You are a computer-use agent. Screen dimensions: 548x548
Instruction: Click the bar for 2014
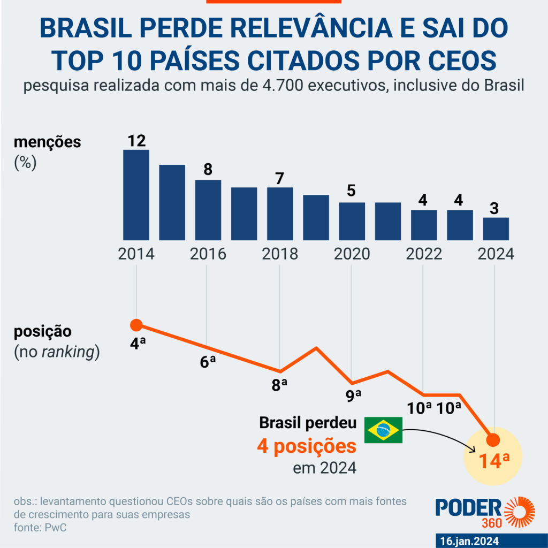pyautogui.click(x=136, y=195)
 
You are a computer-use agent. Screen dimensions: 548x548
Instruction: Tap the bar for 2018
pyautogui.click(x=280, y=214)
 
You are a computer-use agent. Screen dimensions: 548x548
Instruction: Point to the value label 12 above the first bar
pyautogui.click(x=136, y=141)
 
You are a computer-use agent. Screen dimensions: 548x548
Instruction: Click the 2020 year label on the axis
pyautogui.click(x=352, y=254)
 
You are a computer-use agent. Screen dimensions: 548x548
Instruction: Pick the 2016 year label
pyautogui.click(x=208, y=254)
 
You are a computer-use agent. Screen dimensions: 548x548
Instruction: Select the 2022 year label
pyautogui.click(x=424, y=254)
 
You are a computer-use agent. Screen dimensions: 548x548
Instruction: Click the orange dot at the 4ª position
pyautogui.click(x=136, y=325)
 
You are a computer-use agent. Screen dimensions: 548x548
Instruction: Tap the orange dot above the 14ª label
pyautogui.click(x=493, y=440)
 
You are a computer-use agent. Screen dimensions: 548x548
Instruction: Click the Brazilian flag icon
pyautogui.click(x=383, y=430)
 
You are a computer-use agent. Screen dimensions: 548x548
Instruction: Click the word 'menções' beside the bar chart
pyautogui.click(x=48, y=142)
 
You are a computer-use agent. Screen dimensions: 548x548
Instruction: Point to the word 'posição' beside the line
pyautogui.click(x=42, y=331)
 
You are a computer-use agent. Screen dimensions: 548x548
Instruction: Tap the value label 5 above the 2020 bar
pyautogui.click(x=352, y=191)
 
